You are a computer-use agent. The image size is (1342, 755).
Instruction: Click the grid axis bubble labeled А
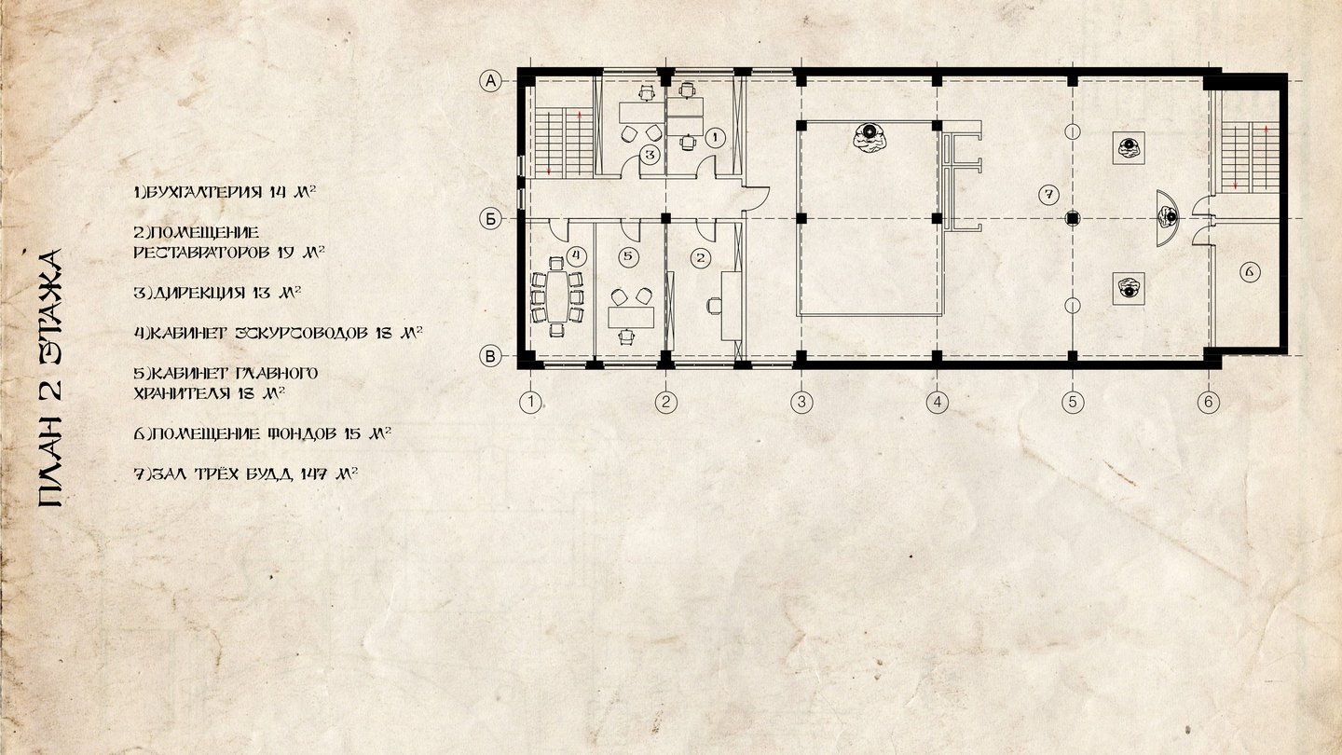tap(490, 81)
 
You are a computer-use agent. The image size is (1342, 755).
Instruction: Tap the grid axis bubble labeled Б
tap(490, 219)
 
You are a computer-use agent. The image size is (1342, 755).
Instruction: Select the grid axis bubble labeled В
tap(490, 356)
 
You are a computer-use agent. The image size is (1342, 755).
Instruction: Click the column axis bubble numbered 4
tap(937, 402)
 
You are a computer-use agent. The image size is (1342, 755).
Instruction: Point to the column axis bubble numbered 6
tap(1209, 402)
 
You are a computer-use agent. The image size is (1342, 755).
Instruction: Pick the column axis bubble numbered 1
tap(530, 402)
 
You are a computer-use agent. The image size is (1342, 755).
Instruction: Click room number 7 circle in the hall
tap(1048, 195)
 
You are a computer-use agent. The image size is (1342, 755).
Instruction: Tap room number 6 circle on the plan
tap(1250, 272)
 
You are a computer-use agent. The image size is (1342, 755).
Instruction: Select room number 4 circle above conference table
tap(576, 255)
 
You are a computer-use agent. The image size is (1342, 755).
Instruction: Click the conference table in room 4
tap(557, 296)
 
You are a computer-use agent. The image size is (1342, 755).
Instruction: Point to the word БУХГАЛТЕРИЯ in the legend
tap(204, 192)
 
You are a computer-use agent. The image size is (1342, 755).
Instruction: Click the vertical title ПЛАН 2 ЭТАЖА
tap(50, 378)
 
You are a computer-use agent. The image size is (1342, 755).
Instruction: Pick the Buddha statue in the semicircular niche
tap(1169, 216)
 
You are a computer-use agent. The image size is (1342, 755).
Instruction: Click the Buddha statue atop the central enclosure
tap(870, 138)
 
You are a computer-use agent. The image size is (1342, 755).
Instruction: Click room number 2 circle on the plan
tap(701, 258)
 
